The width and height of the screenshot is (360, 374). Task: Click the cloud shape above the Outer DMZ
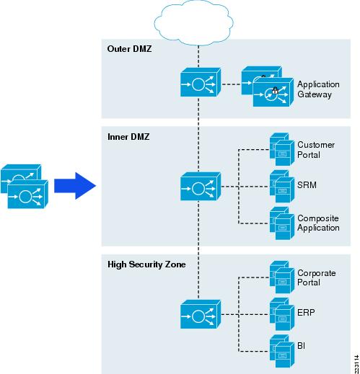coord(193,23)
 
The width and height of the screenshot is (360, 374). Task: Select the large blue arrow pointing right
coord(75,186)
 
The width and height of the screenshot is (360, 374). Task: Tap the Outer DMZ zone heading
coord(129,49)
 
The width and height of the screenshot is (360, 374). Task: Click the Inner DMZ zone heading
coord(128,137)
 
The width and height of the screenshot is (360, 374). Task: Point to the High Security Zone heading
coord(146,264)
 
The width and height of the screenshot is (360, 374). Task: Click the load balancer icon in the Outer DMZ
coord(201,82)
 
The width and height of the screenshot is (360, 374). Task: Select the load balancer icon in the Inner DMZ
coord(201,187)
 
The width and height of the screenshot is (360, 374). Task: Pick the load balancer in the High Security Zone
coord(201,314)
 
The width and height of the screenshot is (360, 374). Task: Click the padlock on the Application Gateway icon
coord(276,91)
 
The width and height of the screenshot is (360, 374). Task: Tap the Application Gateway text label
coord(318,89)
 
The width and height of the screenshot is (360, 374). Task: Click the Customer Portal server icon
coord(282,149)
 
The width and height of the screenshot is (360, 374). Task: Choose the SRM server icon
coord(282,187)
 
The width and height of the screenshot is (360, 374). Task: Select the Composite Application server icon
coord(282,223)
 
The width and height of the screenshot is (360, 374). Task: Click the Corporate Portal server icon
coord(282,277)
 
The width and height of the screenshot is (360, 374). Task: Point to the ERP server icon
coord(282,314)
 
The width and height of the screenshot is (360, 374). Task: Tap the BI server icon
coord(282,351)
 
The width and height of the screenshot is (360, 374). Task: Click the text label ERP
coord(306,313)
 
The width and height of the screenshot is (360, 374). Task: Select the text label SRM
coord(307,185)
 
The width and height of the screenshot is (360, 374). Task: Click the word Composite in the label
coord(318,218)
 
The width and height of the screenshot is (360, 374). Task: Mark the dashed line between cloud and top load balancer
coord(198,57)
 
